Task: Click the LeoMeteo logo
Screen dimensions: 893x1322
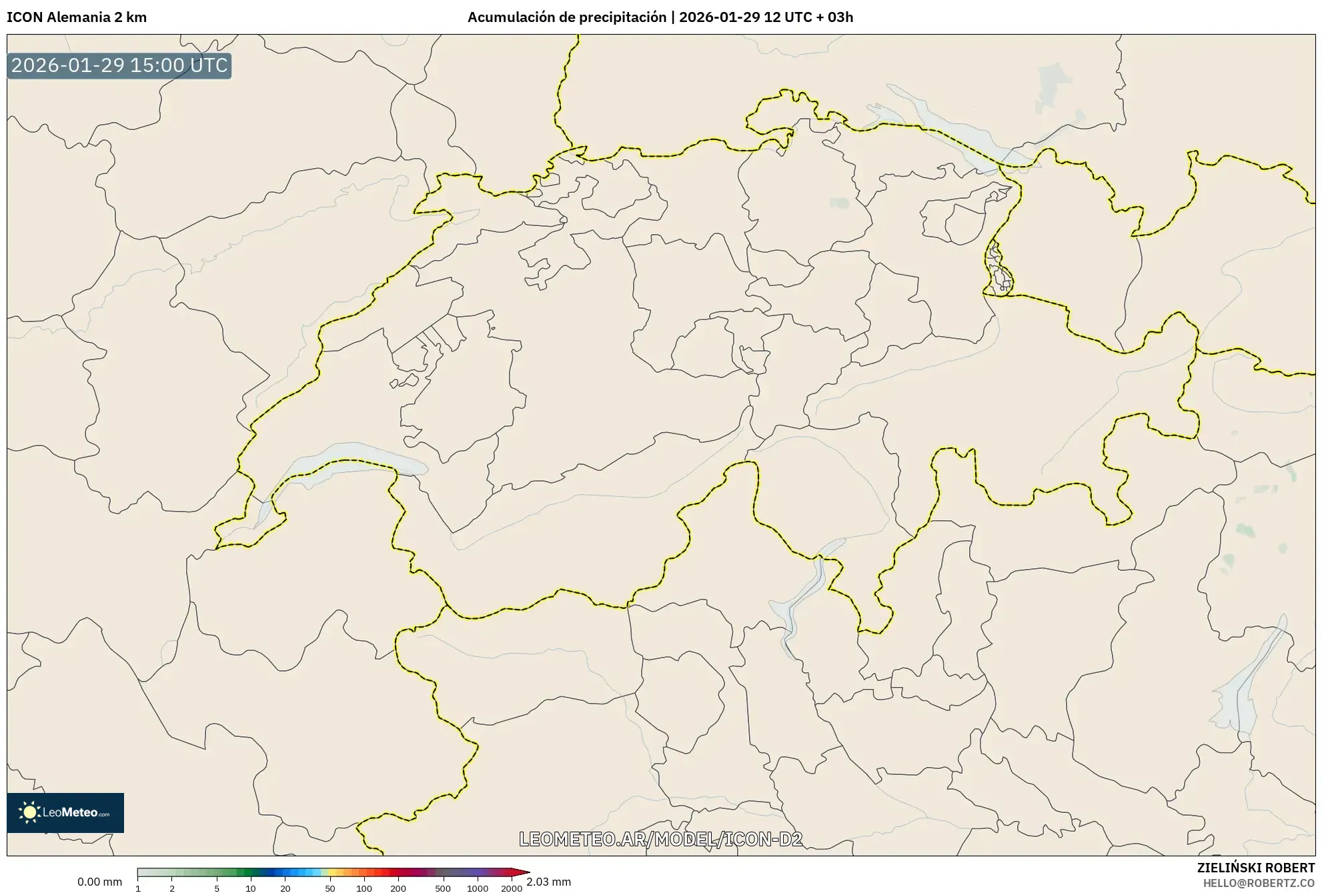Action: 65,812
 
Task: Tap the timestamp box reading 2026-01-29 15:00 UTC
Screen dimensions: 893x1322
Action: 119,65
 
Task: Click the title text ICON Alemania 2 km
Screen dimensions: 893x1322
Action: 77,17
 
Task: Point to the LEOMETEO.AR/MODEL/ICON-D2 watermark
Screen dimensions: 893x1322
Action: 660,839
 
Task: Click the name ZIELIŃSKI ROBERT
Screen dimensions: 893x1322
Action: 1255,868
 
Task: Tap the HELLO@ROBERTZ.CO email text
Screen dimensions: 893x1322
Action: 1259,883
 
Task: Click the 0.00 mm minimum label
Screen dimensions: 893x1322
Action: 99,882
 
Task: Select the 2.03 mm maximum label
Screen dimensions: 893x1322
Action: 548,882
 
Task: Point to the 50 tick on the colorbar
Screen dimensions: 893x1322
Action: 329,888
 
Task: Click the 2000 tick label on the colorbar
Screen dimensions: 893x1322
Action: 512,888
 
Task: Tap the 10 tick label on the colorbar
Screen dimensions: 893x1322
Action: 250,888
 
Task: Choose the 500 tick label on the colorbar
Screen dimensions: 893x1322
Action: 443,888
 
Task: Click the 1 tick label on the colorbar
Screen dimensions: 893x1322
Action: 138,888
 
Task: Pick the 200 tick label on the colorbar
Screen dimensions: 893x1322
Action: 398,888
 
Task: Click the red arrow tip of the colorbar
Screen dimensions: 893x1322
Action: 526,872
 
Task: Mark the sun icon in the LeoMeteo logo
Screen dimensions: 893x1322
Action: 29,812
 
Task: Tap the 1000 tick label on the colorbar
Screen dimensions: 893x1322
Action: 478,888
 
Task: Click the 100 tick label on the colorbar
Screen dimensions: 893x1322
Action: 364,888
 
